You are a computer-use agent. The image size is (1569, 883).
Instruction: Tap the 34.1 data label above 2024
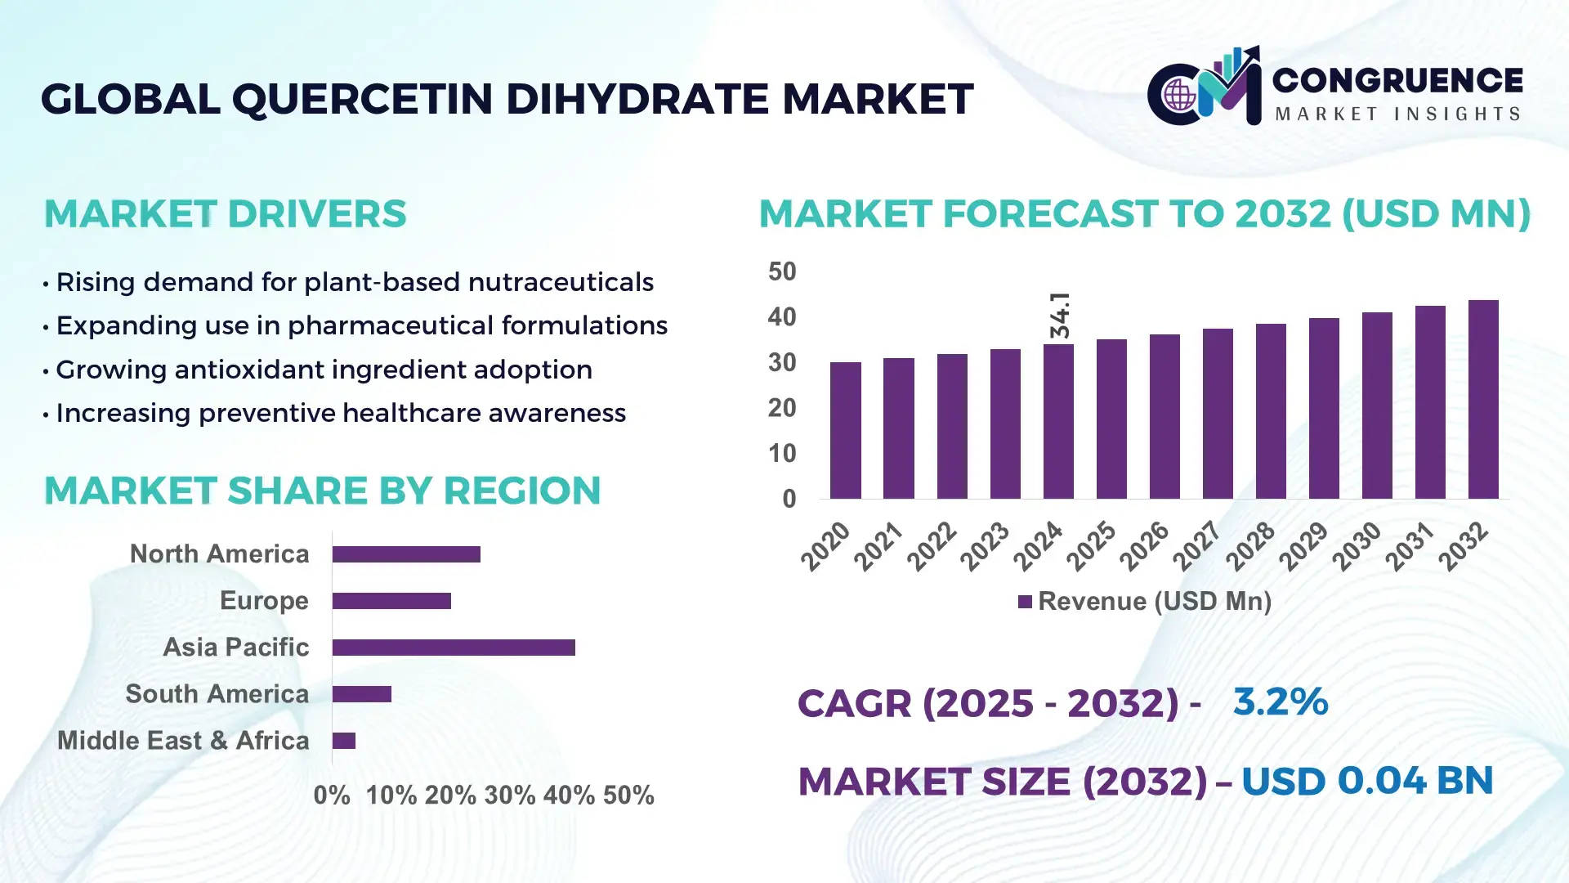click(x=1060, y=315)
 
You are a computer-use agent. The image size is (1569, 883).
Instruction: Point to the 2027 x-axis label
click(x=1196, y=545)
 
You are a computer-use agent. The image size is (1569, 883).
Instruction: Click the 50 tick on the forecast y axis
click(x=782, y=271)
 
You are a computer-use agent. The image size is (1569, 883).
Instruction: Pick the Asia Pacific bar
click(x=454, y=648)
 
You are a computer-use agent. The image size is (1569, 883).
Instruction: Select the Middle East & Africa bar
click(x=344, y=741)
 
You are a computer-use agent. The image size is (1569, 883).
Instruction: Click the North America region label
click(x=219, y=554)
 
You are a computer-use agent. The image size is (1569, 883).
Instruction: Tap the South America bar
click(x=362, y=694)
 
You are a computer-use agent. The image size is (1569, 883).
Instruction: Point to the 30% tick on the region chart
click(x=509, y=795)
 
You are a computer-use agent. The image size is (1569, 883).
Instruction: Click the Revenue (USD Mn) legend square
click(x=1025, y=602)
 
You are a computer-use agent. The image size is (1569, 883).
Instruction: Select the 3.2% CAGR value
click(x=1281, y=701)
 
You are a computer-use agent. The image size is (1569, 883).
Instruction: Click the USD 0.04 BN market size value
click(x=1367, y=781)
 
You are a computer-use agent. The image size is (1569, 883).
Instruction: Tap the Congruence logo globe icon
click(x=1179, y=95)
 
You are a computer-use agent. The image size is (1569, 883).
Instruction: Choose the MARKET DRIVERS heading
click(x=225, y=214)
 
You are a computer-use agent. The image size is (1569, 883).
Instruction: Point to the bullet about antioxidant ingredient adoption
click(x=324, y=370)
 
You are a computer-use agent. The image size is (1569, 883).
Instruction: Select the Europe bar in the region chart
click(x=391, y=601)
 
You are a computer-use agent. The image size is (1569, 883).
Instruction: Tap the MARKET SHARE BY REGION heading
click(x=322, y=491)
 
